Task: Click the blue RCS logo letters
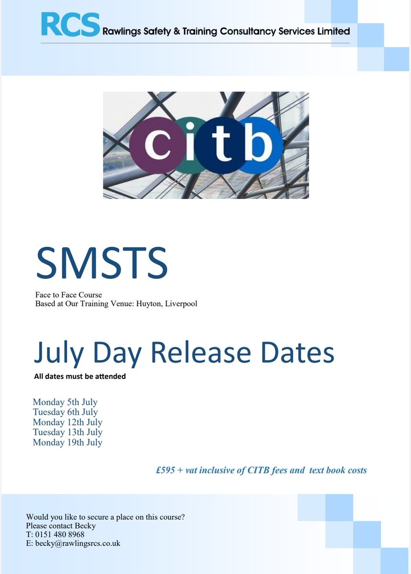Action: click(x=70, y=24)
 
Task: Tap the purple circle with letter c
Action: click(x=154, y=144)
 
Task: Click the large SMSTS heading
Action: click(x=101, y=263)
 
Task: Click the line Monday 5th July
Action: click(x=65, y=402)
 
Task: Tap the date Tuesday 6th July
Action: click(x=65, y=412)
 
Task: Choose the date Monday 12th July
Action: click(x=67, y=422)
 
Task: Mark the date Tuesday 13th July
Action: click(x=67, y=432)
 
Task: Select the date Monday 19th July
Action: click(x=67, y=442)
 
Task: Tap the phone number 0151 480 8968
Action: click(x=59, y=534)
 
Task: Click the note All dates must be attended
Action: click(x=80, y=376)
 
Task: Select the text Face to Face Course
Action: click(x=68, y=295)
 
